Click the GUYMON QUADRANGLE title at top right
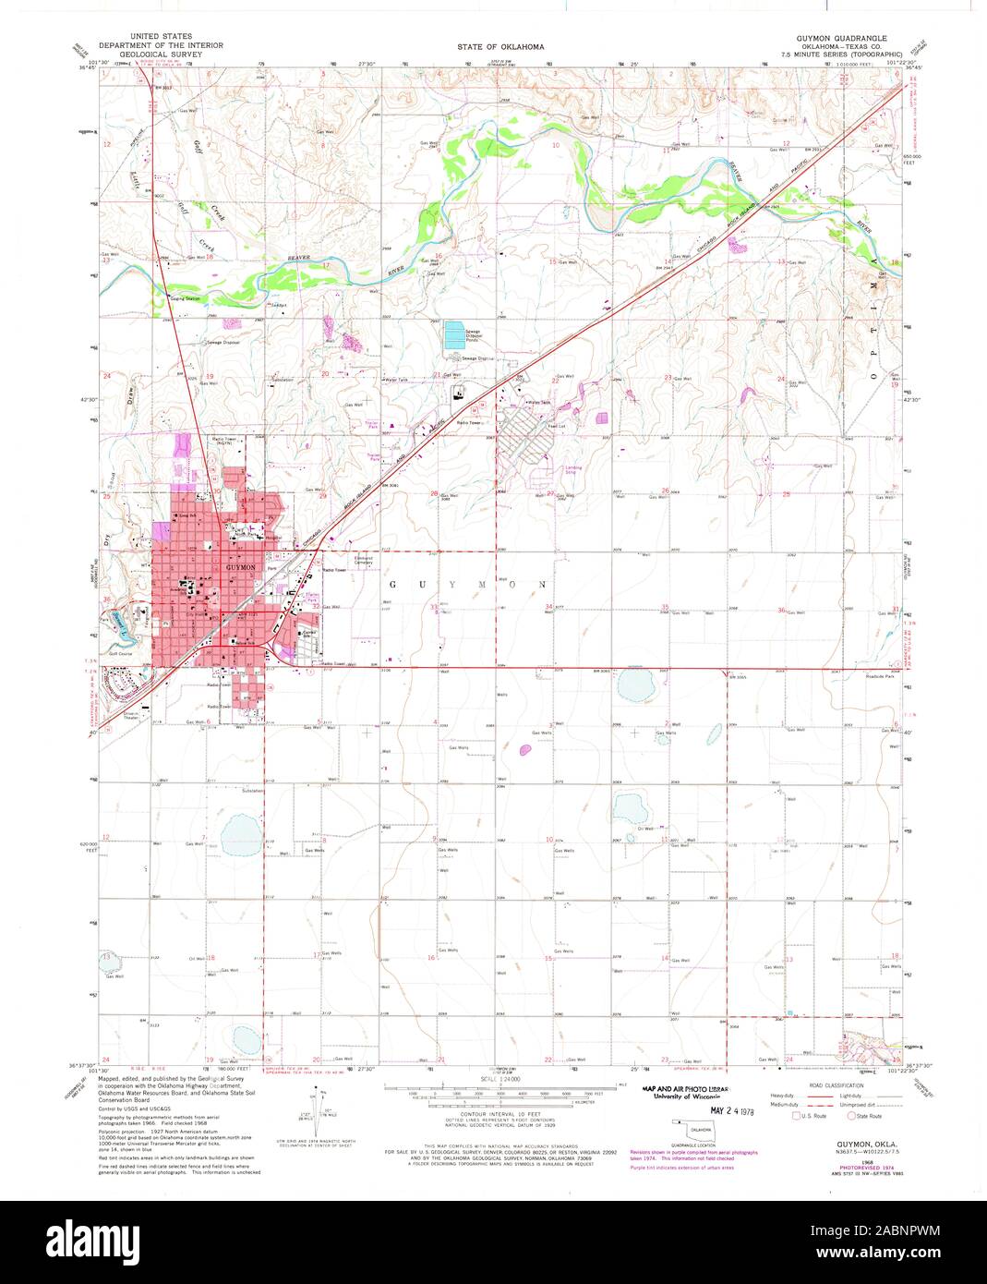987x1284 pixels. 841,38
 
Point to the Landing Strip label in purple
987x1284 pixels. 573,469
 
